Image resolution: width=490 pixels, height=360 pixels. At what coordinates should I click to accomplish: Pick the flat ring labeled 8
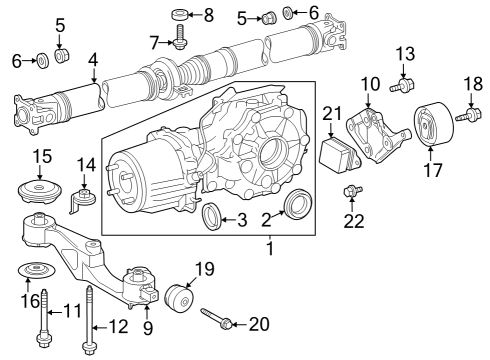181,15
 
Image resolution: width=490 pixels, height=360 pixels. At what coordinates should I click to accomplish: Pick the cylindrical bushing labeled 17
432,127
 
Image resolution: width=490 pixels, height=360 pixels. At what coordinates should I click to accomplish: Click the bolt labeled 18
465,119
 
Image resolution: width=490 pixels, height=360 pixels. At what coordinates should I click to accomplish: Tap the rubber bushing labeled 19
181,299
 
